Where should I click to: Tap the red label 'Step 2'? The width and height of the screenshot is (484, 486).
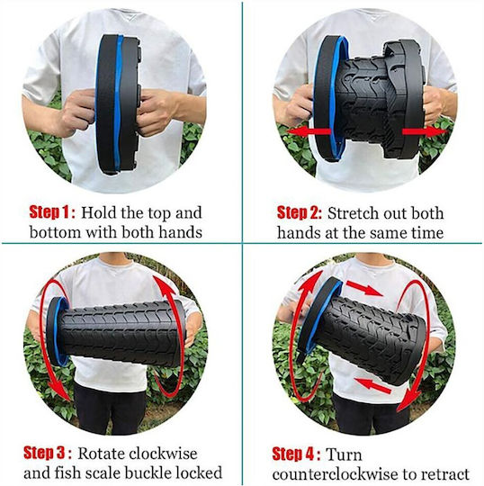298,212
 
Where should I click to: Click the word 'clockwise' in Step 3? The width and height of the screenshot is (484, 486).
164,454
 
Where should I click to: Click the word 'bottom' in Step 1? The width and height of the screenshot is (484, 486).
56,232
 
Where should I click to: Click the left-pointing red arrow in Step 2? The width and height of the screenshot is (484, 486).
309,131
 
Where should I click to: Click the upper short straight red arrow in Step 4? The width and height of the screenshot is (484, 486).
363,288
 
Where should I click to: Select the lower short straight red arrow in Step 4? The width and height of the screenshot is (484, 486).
372,385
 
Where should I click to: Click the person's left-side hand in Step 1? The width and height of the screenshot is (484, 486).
77,113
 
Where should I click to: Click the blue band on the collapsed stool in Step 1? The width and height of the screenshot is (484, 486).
118,103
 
